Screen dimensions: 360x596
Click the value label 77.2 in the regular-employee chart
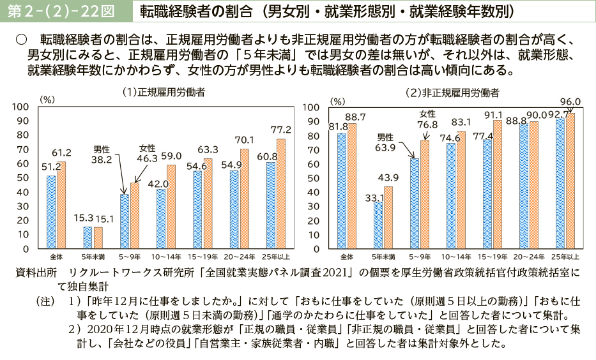coord(280,130)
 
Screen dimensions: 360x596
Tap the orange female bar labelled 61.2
coord(61,205)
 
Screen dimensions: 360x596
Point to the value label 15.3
coord(83,218)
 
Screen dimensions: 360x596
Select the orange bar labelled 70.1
coord(244,199)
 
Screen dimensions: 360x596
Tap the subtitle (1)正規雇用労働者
coord(164,93)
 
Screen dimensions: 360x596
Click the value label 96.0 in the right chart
coord(570,101)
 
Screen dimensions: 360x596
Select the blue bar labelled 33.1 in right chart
coord(378,225)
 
